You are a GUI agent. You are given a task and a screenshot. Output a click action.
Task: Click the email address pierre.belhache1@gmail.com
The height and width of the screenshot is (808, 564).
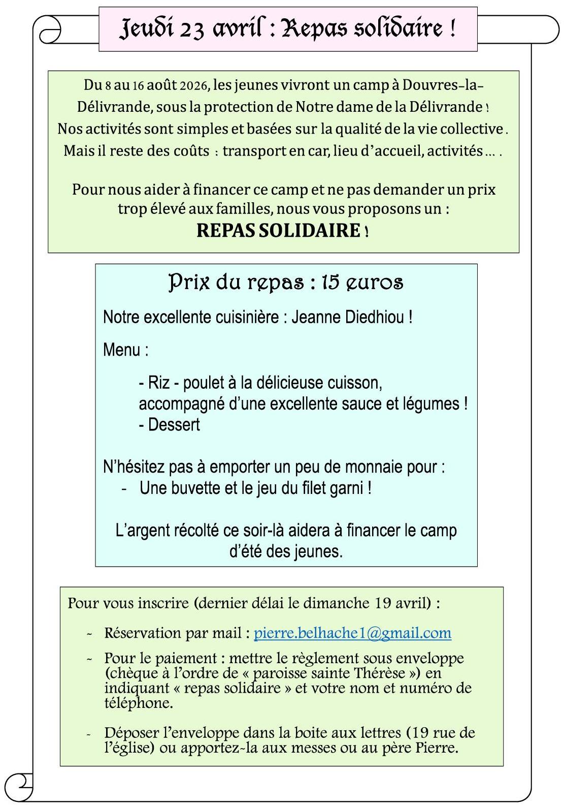click(x=352, y=633)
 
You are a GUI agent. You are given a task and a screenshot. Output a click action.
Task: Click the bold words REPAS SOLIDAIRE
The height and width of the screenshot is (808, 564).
click(x=278, y=230)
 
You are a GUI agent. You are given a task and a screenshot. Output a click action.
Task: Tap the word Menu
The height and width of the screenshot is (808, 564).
click(x=122, y=350)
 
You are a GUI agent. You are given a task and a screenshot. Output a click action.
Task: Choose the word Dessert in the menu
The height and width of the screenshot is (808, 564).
click(x=174, y=425)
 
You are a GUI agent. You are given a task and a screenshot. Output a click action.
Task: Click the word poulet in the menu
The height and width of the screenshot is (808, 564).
click(x=203, y=383)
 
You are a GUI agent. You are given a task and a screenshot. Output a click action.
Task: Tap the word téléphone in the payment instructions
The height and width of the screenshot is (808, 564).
click(x=138, y=703)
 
